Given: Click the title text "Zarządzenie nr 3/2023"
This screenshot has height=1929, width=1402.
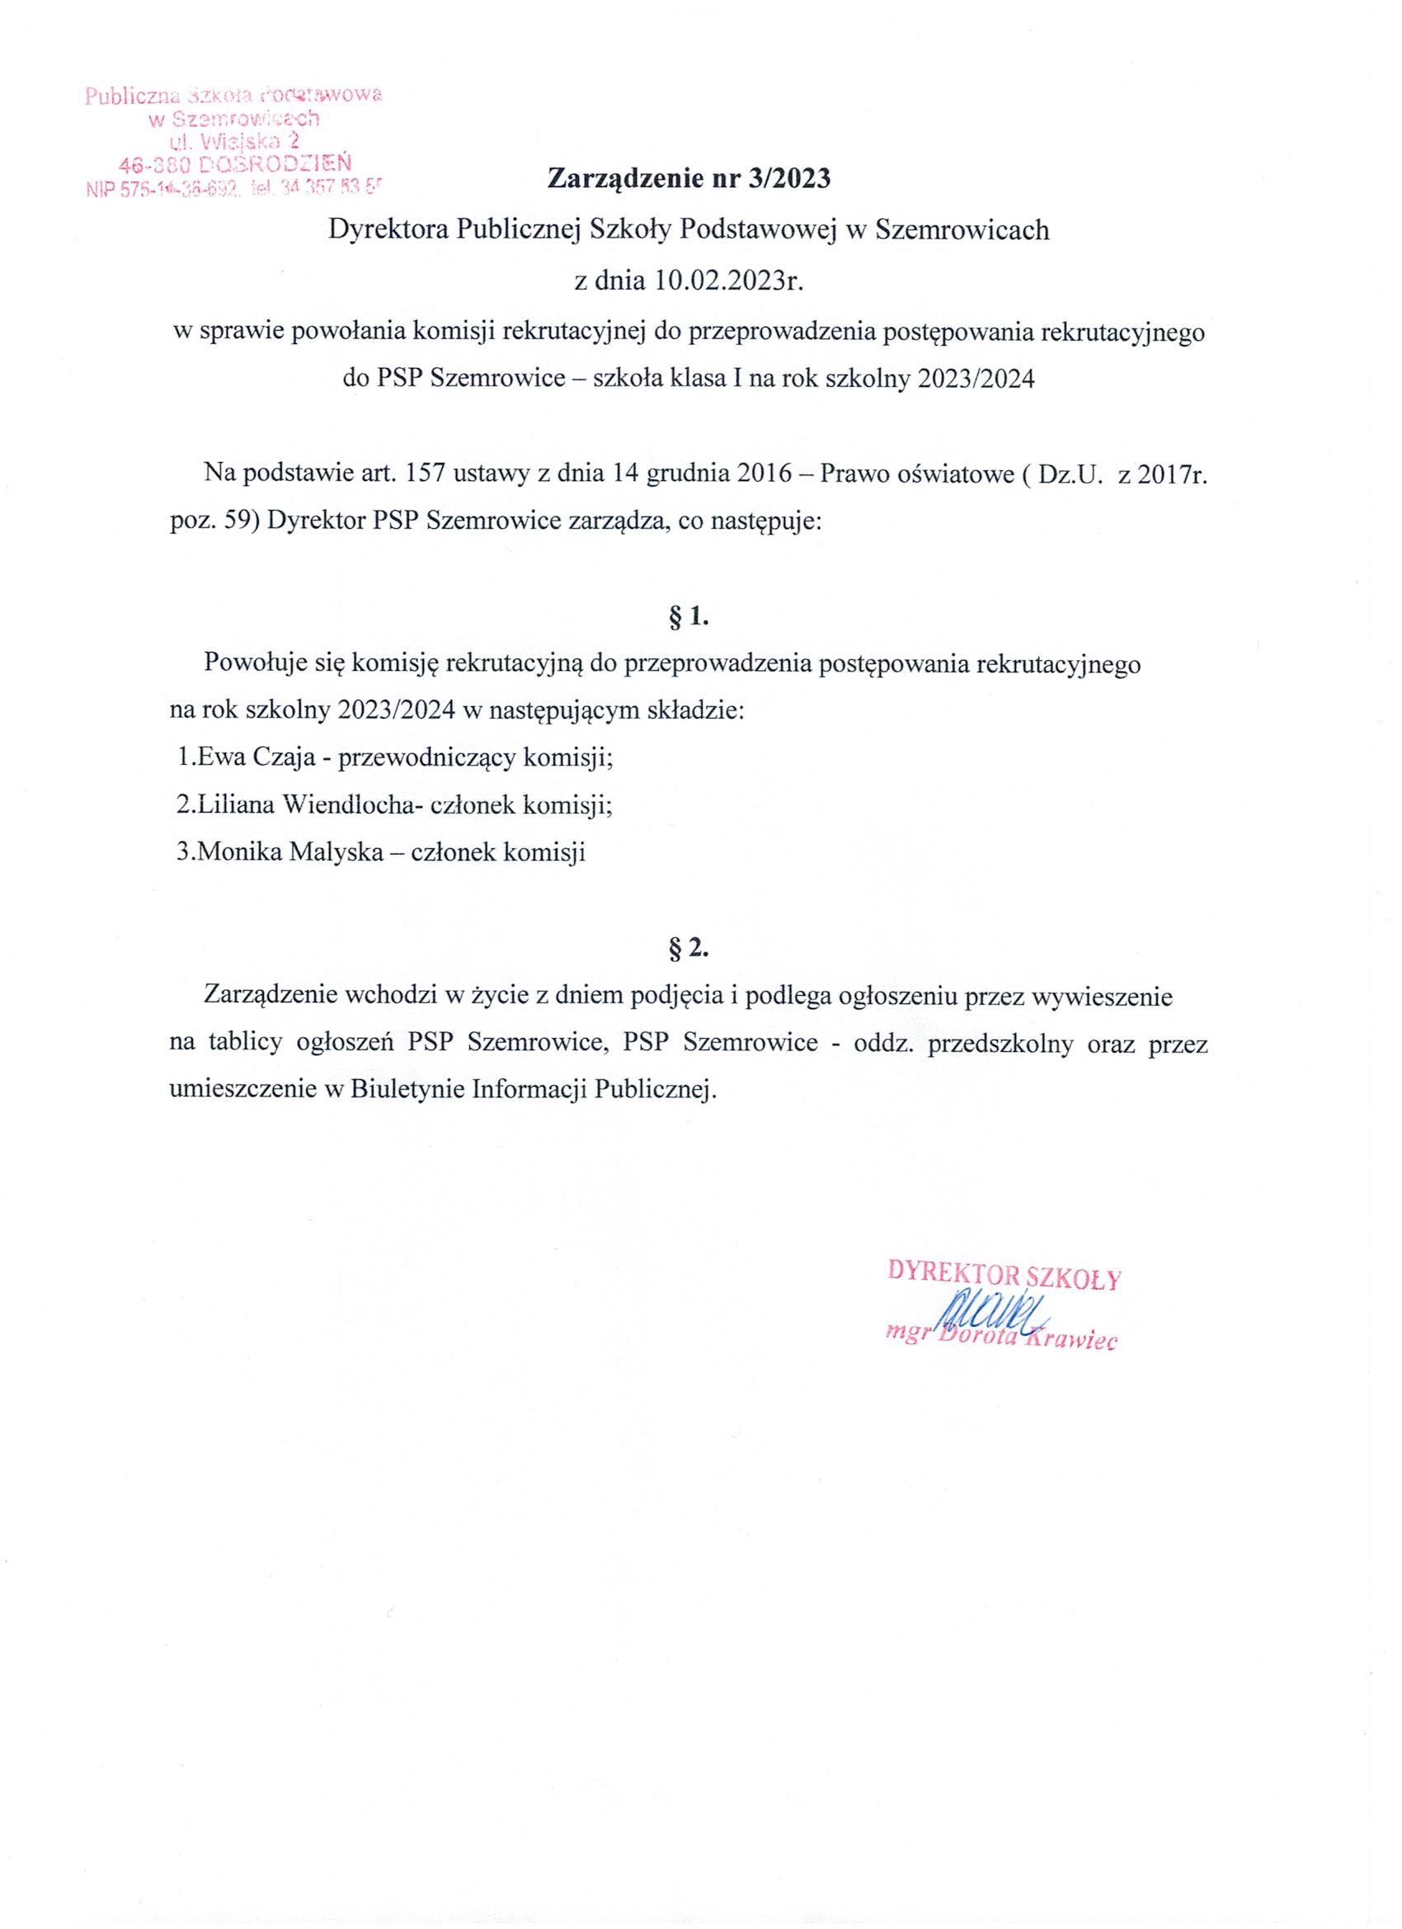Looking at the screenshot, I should tap(689, 180).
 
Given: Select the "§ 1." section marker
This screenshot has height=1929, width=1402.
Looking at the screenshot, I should tap(689, 618).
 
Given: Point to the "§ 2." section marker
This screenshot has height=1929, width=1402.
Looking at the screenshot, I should tap(689, 950).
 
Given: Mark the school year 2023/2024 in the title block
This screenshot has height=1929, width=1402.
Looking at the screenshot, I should tap(975, 380).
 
